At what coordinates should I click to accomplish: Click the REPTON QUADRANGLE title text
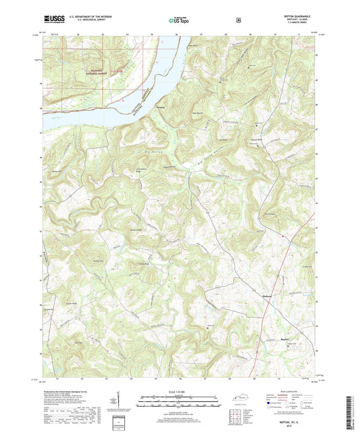(297, 16)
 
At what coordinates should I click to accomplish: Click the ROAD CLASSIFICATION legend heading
(288, 390)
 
